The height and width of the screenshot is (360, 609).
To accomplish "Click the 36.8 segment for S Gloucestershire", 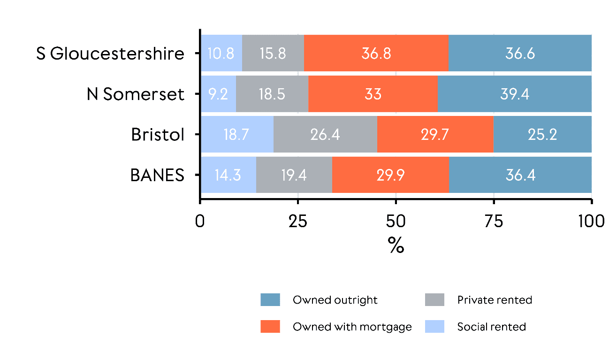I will pos(376,54).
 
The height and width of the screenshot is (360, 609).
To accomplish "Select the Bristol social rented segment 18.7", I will pos(237,135).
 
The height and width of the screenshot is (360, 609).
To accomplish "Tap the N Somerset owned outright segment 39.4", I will pos(514,94).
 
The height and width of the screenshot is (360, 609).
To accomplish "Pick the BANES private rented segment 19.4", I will pos(294,175).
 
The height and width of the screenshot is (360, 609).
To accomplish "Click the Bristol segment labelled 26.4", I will pos(325,135).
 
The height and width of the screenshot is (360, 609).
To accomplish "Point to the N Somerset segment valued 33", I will pos(373,94).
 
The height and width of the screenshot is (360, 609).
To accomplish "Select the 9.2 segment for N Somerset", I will pos(218,94).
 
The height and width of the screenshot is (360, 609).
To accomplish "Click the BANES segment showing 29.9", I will pos(390,175).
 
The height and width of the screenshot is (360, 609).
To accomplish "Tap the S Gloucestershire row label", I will pos(110,54).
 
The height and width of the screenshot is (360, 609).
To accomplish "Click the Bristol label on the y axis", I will pos(158,135).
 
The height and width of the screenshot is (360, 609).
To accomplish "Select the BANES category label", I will pos(157,175).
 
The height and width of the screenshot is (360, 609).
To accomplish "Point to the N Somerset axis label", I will pos(136,94).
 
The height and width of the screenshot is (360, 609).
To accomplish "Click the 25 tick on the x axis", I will pos(298,221).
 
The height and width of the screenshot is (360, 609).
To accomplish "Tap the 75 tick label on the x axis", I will pos(494,221).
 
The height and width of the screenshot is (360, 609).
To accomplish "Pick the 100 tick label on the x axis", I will pos(591,221).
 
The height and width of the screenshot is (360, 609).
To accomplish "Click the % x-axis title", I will pos(396,245).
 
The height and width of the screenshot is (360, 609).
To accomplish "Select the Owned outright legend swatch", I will pos(270,300).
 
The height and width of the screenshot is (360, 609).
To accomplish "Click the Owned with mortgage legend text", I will pos(352,327).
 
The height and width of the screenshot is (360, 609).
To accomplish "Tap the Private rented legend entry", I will pos(495,300).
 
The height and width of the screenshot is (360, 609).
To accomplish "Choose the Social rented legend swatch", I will pos(434,327).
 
